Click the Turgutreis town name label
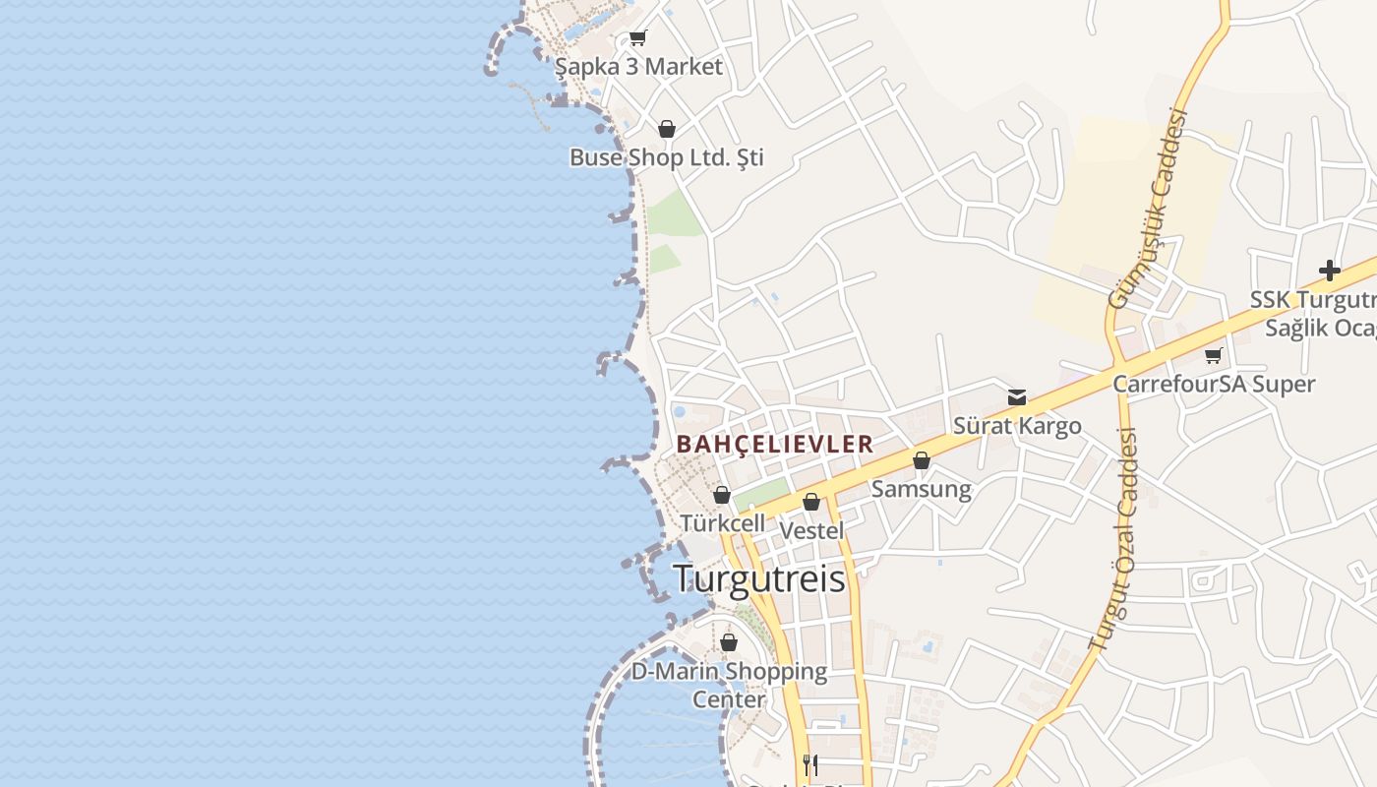point(758,578)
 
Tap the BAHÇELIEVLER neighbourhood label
point(775,444)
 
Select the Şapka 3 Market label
point(638,67)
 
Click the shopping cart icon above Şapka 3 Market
point(637,38)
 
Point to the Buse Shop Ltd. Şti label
point(666,157)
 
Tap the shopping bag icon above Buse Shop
point(667,129)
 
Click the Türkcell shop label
point(722,522)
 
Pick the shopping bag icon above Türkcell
point(722,495)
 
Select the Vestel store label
point(811,530)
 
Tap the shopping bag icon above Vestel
point(811,503)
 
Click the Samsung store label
point(922,489)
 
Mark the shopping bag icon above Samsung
point(922,460)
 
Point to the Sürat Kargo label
point(1017,426)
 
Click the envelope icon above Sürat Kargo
point(1017,397)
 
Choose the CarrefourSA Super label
point(1214,384)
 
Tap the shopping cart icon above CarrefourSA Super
point(1214,355)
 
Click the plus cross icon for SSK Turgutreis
point(1330,270)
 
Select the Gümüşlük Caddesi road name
point(1149,209)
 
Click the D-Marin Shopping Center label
point(729,685)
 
